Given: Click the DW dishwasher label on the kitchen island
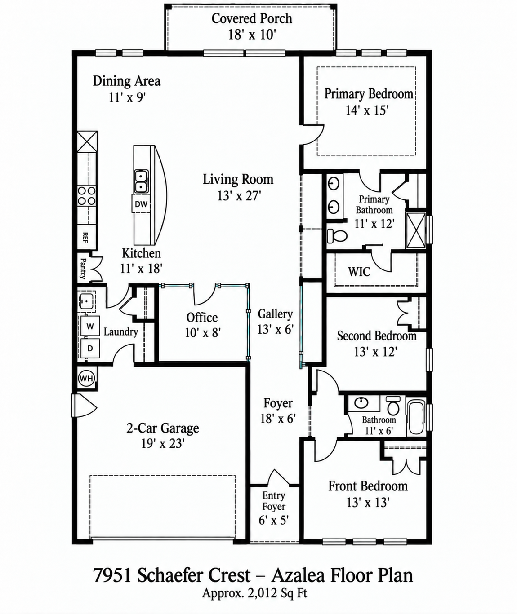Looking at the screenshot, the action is click(x=141, y=204).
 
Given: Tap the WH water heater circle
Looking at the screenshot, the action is click(x=86, y=378).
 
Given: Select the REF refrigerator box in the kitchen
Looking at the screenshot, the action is click(x=86, y=238).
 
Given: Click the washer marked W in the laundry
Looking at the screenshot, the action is click(x=90, y=326).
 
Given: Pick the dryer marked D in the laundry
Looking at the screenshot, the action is click(x=90, y=348).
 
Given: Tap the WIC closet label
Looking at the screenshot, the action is click(x=359, y=271).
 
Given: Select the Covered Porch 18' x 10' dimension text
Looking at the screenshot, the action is click(x=252, y=35).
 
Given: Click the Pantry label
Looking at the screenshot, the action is click(x=83, y=268).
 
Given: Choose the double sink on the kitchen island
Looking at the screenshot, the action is click(x=141, y=181).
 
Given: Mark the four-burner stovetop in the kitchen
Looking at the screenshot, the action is click(x=87, y=196).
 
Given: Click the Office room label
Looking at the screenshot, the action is click(x=202, y=317).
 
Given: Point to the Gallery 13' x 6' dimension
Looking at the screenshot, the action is click(x=276, y=329).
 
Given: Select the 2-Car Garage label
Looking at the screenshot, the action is click(x=163, y=428).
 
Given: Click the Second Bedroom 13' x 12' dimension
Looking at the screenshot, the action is click(x=376, y=351).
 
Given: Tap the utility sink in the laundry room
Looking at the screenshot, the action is click(x=87, y=301).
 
